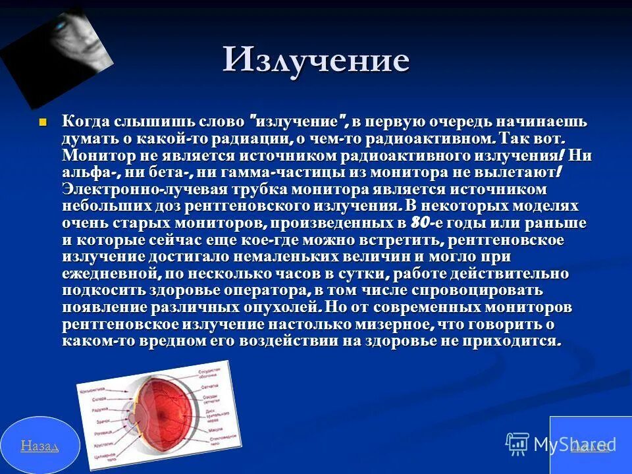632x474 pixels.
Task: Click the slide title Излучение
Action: pos(315,60)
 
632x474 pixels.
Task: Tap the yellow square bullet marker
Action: pos(43,122)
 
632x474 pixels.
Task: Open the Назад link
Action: pos(39,446)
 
